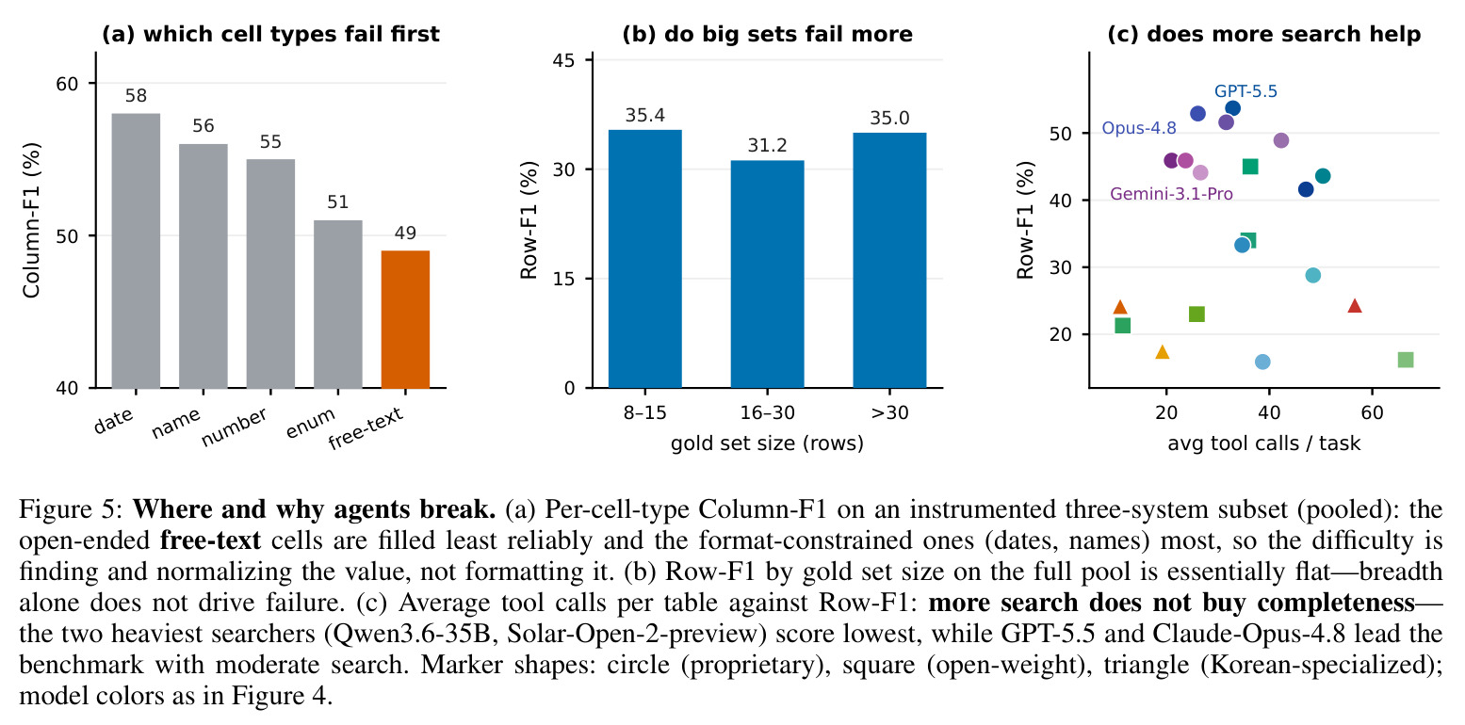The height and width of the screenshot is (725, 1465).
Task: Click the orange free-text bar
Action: click(405, 319)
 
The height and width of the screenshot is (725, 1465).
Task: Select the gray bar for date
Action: click(136, 251)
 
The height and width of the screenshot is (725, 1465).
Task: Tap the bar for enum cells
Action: click(338, 304)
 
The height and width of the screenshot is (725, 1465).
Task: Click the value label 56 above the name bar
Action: click(203, 125)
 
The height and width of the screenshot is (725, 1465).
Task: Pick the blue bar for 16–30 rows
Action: click(767, 274)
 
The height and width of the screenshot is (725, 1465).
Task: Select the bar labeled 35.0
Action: click(889, 260)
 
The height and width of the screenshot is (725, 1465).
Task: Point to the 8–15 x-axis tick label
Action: click(644, 412)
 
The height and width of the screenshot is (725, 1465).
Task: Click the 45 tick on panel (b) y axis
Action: click(563, 61)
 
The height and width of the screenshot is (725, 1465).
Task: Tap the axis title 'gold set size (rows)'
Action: click(767, 443)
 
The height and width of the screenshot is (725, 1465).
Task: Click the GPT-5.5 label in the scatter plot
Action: click(1245, 91)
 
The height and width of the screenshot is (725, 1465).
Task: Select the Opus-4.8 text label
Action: click(1139, 128)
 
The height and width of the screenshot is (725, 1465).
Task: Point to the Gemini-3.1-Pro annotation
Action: click(1171, 194)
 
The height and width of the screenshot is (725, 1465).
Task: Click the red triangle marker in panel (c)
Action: click(1355, 305)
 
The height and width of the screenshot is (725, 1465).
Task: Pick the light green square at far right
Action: click(1406, 360)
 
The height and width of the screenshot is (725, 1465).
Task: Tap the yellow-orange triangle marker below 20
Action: click(1163, 352)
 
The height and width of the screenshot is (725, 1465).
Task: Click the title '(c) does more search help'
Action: click(1263, 34)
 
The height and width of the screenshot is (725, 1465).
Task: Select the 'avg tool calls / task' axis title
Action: click(1263, 443)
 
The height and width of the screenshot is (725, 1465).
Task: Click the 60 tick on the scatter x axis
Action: click(1372, 412)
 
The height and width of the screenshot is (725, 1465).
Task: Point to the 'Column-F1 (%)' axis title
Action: click(31, 220)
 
